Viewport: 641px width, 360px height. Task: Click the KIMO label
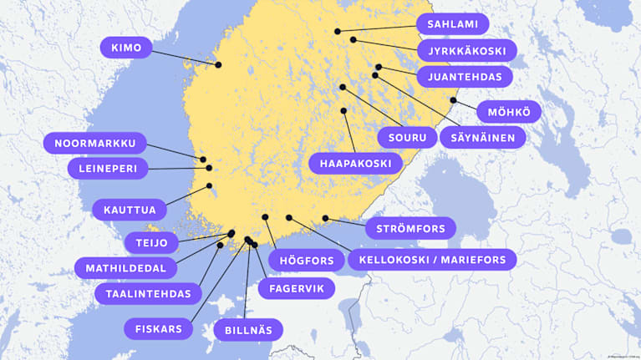[x=126, y=47]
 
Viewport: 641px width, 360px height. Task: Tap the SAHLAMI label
[x=452, y=24]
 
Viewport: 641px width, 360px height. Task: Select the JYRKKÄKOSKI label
[x=466, y=51]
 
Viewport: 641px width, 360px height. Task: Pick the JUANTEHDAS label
[x=464, y=77]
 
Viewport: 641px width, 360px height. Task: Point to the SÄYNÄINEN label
[x=488, y=137]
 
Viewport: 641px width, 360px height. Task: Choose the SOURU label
[x=407, y=137]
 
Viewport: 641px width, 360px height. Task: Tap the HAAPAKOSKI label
[x=355, y=163]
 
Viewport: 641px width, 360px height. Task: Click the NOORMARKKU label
[x=94, y=143]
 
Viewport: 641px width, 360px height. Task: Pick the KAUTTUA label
[x=129, y=208]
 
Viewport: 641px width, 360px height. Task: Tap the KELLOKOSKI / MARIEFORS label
[x=432, y=260]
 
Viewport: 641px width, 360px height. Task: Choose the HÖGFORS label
[x=307, y=261]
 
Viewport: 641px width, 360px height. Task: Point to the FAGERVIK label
[x=296, y=288]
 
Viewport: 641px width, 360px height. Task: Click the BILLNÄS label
[x=248, y=330]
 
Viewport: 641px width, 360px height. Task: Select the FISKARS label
[x=159, y=328]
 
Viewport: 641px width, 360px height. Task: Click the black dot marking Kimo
[x=218, y=64]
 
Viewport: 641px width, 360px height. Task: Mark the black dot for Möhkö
[x=453, y=100]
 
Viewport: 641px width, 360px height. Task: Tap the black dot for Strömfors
[x=325, y=219]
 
